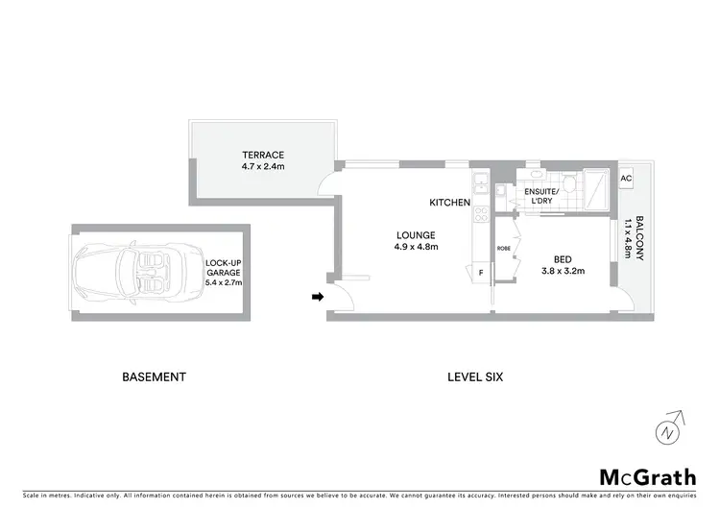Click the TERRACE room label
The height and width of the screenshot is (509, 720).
click(263, 155)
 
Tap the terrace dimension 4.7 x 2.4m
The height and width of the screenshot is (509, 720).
click(263, 166)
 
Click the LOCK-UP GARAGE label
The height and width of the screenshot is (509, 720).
click(224, 266)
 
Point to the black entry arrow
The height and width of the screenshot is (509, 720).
click(316, 298)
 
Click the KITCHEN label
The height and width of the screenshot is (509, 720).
click(449, 203)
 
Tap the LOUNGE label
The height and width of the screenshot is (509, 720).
click(416, 235)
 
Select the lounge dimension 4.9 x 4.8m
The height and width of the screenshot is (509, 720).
click(416, 247)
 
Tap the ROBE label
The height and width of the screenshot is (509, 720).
click(504, 248)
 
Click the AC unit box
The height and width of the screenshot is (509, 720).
click(626, 179)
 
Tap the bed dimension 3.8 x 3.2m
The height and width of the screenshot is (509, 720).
click(562, 270)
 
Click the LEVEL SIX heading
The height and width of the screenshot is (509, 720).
click(475, 377)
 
